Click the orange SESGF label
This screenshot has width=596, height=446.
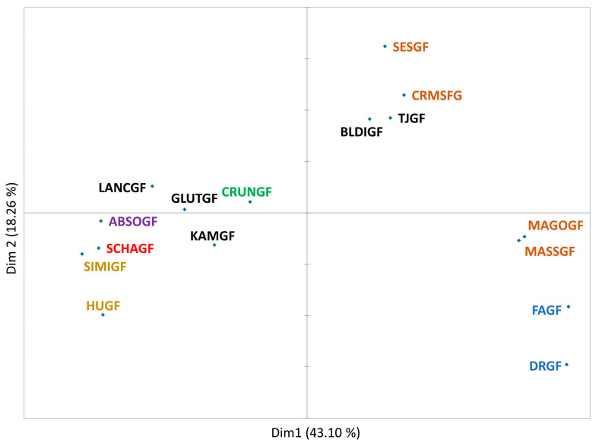coord(411,47)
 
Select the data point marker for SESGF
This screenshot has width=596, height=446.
coord(385,46)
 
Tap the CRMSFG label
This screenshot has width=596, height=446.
coord(436,96)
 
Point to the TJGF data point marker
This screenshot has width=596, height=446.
coord(391,118)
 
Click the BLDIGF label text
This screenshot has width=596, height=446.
coord(362,132)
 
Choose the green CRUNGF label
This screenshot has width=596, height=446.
coord(246,191)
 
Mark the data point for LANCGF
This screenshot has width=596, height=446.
coord(152,186)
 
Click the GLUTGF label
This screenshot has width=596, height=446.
coord(195,198)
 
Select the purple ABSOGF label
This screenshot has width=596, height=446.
coord(133,222)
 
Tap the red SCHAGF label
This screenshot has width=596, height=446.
coord(130,248)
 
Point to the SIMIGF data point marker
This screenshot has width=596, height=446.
coord(82,254)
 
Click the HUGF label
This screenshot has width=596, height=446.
coord(103,305)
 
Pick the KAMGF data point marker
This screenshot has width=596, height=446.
coord(214,245)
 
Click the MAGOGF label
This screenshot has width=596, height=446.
coord(555,225)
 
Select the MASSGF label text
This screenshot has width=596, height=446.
coord(550,251)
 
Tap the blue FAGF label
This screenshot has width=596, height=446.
coord(547,310)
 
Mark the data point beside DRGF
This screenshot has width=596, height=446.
coord(567,365)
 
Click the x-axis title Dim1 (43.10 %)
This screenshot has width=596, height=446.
coord(315,433)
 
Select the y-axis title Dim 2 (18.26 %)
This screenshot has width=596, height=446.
coord(12,228)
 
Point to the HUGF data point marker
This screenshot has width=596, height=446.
coord(103,315)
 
